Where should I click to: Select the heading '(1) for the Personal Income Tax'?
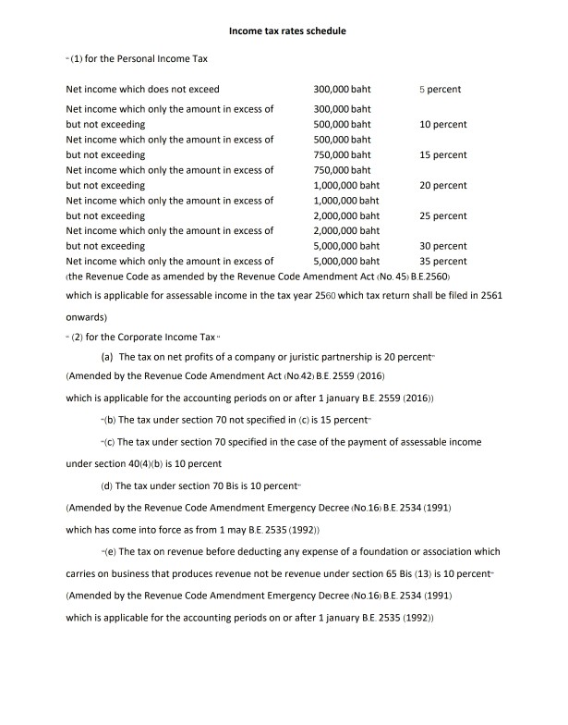[139, 60]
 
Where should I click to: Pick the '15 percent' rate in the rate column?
[442, 155]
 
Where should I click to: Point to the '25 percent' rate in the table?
[442, 215]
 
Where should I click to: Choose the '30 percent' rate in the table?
[442, 246]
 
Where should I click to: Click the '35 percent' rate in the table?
[442, 261]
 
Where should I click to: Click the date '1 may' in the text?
[242, 531]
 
